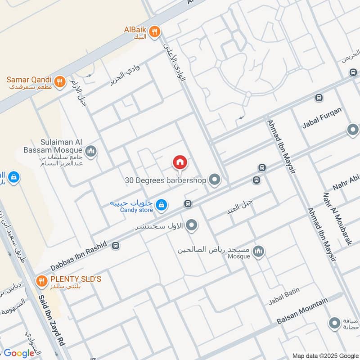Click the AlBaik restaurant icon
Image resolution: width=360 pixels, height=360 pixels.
155,31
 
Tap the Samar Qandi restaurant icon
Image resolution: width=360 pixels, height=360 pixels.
59,82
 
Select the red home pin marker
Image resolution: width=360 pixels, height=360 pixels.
180,162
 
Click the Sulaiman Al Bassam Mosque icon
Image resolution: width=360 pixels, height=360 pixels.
91,151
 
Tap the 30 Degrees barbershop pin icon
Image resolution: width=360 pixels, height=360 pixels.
215,180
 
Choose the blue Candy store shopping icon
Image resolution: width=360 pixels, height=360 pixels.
161,206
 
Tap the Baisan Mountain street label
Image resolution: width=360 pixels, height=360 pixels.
301,313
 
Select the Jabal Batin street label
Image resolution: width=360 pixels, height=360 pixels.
284,296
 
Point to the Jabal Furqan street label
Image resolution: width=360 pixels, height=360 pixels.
322,118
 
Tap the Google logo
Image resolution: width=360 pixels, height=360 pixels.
19,353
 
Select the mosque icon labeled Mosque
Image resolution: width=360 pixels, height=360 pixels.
258,252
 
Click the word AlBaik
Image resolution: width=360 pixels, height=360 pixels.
135,30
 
